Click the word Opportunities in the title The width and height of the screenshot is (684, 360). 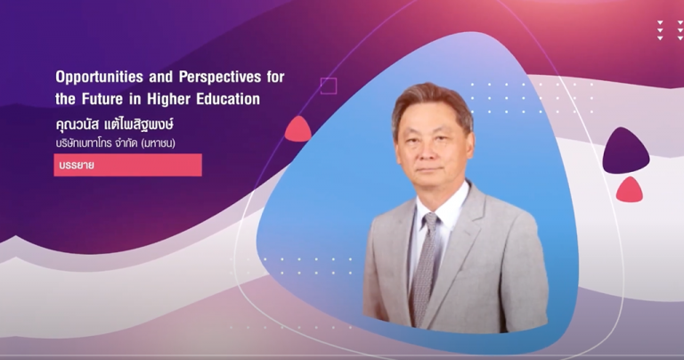100,78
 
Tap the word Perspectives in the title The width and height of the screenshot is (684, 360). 220,78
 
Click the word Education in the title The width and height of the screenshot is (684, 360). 228,99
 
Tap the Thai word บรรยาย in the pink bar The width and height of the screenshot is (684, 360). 77,166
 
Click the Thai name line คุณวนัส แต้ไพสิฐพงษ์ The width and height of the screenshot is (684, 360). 115,125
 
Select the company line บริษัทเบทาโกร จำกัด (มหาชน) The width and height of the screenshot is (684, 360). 116,143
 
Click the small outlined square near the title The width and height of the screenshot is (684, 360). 329,86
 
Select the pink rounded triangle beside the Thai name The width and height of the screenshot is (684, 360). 298,129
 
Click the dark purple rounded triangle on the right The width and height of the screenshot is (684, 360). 626,151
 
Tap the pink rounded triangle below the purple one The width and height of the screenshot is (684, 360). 630,190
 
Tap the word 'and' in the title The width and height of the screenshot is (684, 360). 161,78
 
